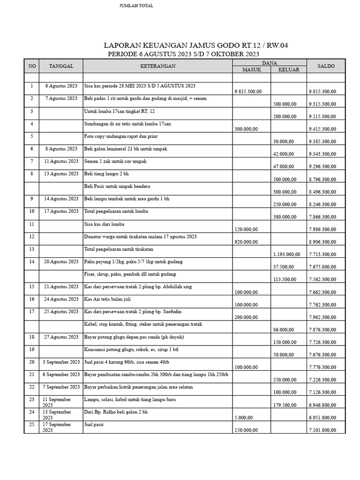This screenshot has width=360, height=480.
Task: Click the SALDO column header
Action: tap(326, 66)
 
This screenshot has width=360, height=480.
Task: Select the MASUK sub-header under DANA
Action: tap(252, 70)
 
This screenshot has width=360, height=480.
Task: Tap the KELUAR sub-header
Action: tap(289, 70)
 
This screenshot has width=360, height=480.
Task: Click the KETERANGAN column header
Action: tap(158, 66)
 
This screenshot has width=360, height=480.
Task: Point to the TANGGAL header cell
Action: tap(61, 66)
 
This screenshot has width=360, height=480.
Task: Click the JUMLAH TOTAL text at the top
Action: tap(136, 6)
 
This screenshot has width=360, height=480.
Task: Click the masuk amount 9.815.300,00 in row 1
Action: tap(248, 91)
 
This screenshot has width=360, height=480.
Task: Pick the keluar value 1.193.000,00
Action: tap(286, 255)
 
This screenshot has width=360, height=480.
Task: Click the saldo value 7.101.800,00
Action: tap(325, 430)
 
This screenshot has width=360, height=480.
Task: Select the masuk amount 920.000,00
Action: tap(246, 242)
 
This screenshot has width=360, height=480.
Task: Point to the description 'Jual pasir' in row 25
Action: tap(94, 424)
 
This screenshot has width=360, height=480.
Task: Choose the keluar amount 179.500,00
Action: tap(284, 405)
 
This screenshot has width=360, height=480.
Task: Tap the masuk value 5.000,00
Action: tap(243, 418)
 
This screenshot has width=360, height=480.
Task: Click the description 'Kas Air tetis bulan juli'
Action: tap(111, 299)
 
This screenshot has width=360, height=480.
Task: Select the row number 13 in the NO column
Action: tap(31, 248)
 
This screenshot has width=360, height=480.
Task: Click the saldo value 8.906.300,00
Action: tap(325, 242)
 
